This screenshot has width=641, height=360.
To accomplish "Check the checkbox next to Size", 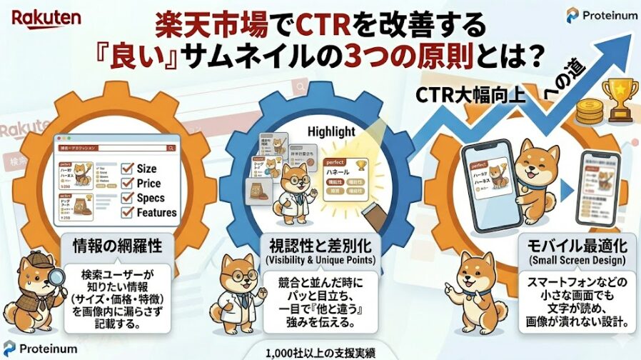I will (x=127, y=169).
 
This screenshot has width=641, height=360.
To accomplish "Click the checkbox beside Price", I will (x=127, y=184).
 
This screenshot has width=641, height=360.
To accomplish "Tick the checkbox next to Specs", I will (x=127, y=199).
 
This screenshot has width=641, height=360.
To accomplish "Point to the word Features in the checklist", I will (x=157, y=213).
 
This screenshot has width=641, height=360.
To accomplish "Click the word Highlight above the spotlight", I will (x=330, y=132).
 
